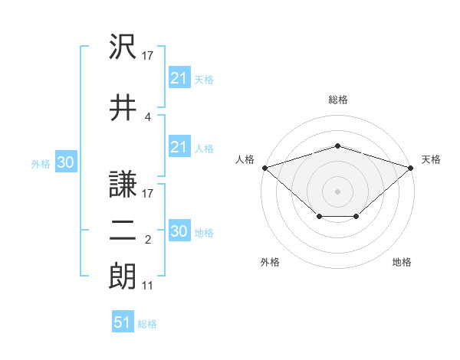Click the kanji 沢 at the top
point(123,46)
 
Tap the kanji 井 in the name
point(123,107)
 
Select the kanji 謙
point(123,184)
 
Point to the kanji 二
point(123,231)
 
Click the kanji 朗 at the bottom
point(123,276)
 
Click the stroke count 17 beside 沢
point(147,56)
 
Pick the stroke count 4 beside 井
point(147,117)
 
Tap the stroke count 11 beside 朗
point(147,286)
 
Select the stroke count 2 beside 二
point(148,240)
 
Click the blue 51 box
point(123,321)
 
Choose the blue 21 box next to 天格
point(179,77)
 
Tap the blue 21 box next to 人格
point(179,146)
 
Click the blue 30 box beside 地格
point(179,230)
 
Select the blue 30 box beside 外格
point(66,162)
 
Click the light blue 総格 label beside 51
point(147,324)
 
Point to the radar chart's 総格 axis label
point(338,100)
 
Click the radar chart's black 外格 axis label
point(270,262)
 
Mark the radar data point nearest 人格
point(265,168)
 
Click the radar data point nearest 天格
point(411,168)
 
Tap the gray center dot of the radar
point(337,191)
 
